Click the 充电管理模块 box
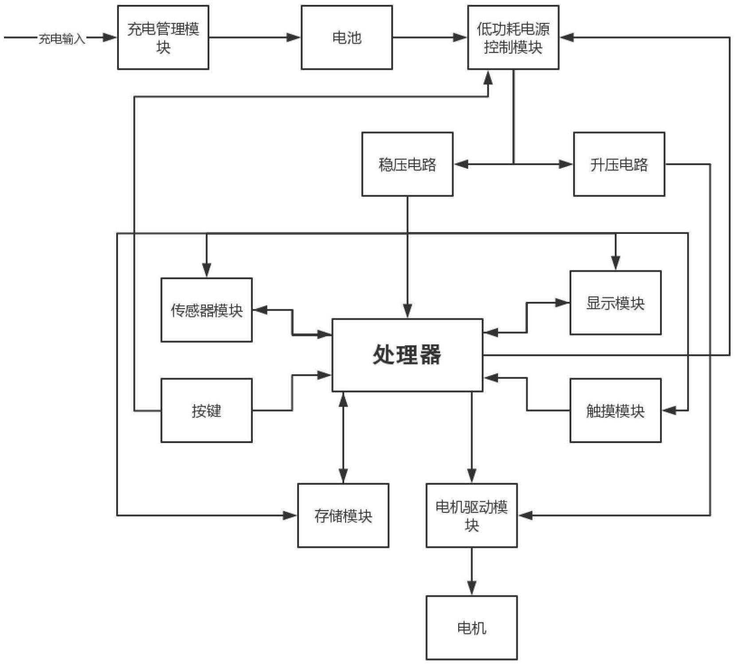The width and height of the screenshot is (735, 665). coord(163,37)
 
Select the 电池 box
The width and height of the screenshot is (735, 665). coord(346,37)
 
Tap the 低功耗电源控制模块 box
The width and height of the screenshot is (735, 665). coord(513,37)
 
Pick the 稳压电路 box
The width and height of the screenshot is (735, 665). coord(407,164)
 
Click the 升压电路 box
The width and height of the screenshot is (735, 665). coord(619,164)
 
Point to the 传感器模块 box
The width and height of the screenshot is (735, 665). coord(206,310)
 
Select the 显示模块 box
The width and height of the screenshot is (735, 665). coord(615,302)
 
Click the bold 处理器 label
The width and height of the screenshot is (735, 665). coord(407,355)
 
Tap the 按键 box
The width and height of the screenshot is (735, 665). coord(206,410)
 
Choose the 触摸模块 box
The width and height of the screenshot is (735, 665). coord(615,410)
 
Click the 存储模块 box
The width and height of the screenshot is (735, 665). coord(343,515)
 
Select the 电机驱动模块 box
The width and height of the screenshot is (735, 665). coord(472,515)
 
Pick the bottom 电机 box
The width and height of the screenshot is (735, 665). coord(472,627)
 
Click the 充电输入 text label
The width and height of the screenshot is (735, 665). coord(62,39)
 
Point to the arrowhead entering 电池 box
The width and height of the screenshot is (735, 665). coord(294,37)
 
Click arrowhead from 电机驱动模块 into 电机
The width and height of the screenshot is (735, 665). coord(472,588)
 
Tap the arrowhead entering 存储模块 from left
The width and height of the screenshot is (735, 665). coord(290,515)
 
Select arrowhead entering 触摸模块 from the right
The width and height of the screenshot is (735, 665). coord(669,411)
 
